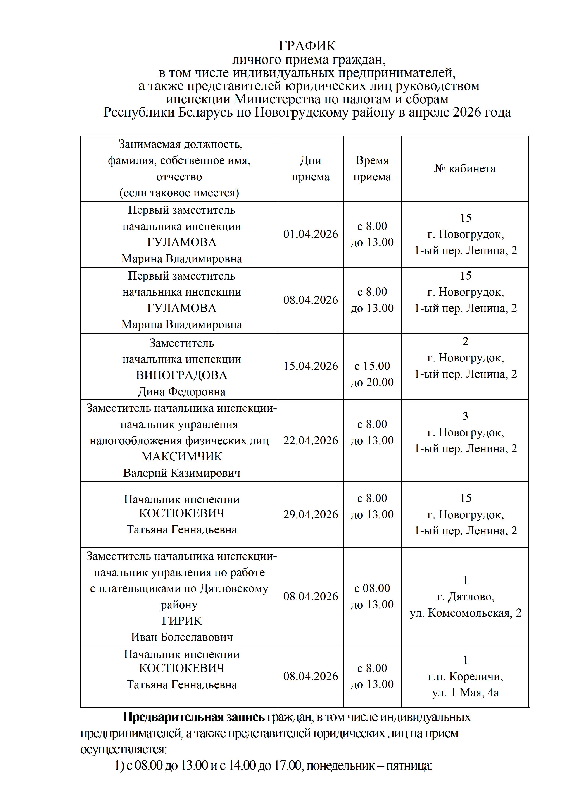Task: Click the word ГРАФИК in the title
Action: [307, 46]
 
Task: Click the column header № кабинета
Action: [465, 169]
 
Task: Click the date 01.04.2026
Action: [310, 234]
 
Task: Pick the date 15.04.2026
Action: [310, 366]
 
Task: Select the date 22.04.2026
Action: [310, 440]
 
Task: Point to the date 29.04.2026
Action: [310, 514]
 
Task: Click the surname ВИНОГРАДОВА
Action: [181, 375]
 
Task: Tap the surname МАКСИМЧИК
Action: [181, 457]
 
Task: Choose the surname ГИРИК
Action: [181, 621]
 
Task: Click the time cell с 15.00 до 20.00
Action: [372, 374]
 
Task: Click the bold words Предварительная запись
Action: [194, 717]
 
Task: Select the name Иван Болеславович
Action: [181, 637]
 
